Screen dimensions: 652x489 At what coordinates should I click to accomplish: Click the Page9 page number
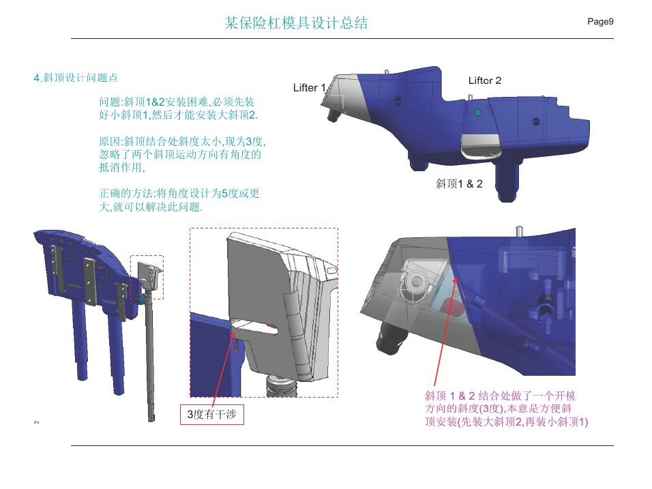[600, 22]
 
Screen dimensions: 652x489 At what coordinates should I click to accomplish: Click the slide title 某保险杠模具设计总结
[296, 23]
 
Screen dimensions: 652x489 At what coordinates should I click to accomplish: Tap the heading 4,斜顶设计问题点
[76, 78]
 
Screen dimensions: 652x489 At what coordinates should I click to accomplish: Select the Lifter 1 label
[309, 88]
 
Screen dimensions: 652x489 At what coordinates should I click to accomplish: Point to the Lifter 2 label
[485, 80]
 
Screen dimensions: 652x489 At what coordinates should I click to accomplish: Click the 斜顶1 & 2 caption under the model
[459, 183]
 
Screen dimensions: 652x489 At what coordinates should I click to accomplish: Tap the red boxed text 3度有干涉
[211, 414]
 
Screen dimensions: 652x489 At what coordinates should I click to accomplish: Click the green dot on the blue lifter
[478, 113]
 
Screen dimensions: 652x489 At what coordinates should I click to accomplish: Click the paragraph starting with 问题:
[178, 108]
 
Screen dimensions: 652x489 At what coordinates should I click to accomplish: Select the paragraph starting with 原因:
[182, 154]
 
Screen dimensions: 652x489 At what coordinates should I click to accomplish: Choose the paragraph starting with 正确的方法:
[179, 200]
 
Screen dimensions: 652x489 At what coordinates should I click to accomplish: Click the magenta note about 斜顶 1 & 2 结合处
[506, 409]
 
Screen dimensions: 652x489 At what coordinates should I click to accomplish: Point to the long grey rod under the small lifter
[149, 357]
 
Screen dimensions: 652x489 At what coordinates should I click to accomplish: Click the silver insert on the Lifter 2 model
[481, 147]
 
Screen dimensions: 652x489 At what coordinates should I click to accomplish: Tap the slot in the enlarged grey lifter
[254, 327]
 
